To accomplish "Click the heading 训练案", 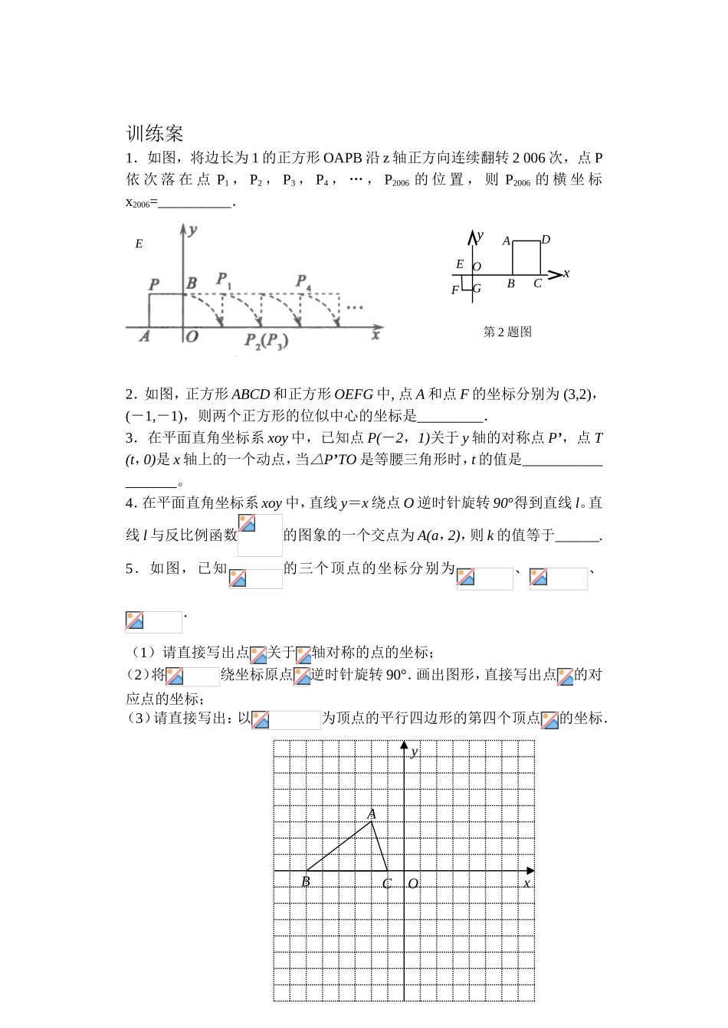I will (x=155, y=133).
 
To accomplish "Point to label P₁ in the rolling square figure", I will (x=224, y=280).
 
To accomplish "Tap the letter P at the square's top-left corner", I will (x=155, y=284).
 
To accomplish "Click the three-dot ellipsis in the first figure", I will (x=354, y=308).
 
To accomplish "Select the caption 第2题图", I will (x=507, y=332).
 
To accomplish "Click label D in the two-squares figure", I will (x=546, y=240).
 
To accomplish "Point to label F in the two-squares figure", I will (x=455, y=290).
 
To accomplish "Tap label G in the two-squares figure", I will (x=477, y=289).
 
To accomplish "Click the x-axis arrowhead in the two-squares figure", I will (x=556, y=273).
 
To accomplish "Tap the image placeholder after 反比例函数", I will (x=260, y=535).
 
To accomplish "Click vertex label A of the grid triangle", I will (x=372, y=814).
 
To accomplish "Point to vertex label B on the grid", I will (x=305, y=882).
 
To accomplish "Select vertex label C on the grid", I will (x=387, y=884).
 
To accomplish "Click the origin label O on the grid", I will (x=412, y=884).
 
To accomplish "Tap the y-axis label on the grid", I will (x=415, y=751).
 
